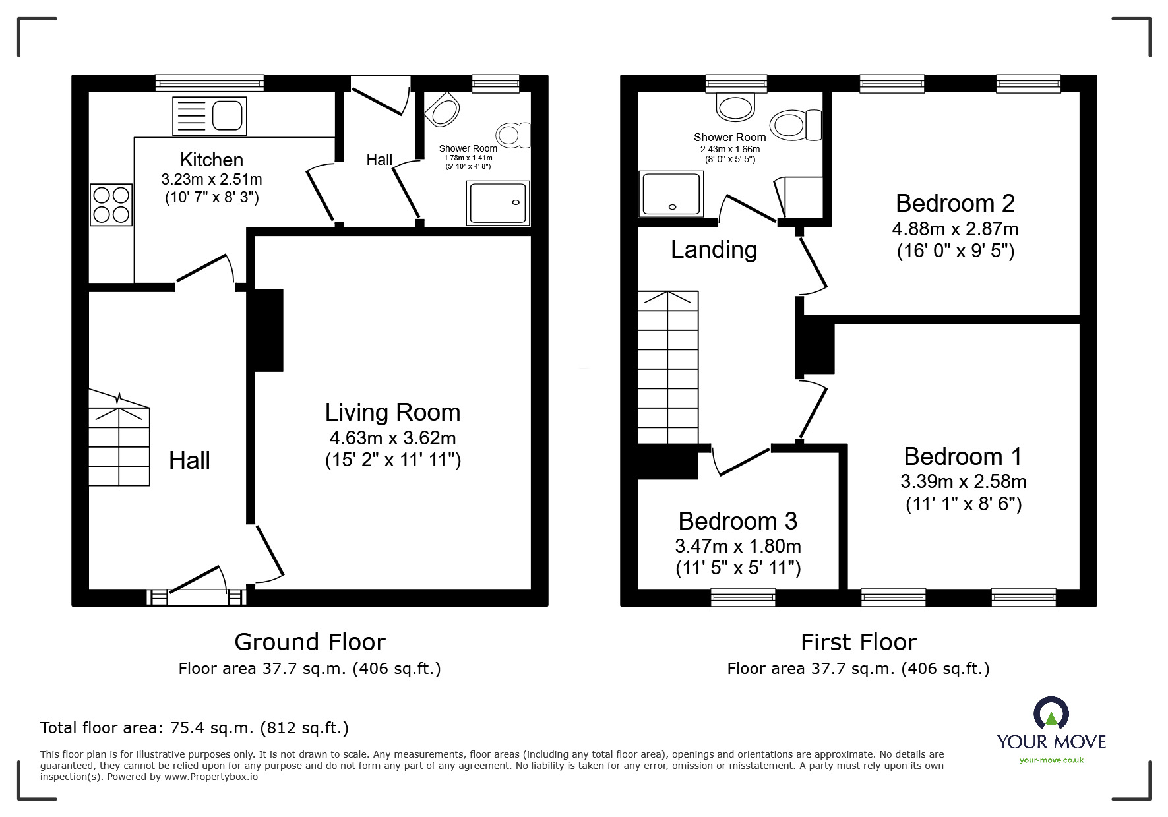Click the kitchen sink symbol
coord(209,116)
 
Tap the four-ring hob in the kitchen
coord(111,205)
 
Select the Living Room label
coord(392,412)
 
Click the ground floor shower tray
coord(499,202)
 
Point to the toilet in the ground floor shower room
coord(514,135)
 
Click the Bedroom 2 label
coord(955,203)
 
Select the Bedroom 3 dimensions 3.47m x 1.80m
coord(738,546)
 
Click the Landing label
coord(714,249)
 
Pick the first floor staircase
coord(668,368)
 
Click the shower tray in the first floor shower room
coord(671,194)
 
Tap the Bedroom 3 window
coord(743,597)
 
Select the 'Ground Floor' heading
coord(310,642)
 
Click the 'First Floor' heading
coord(858,642)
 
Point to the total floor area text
coord(195,728)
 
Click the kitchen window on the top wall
coord(210,82)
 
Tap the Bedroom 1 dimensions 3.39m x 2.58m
coord(963,481)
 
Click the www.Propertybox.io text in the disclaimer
coord(211,777)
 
